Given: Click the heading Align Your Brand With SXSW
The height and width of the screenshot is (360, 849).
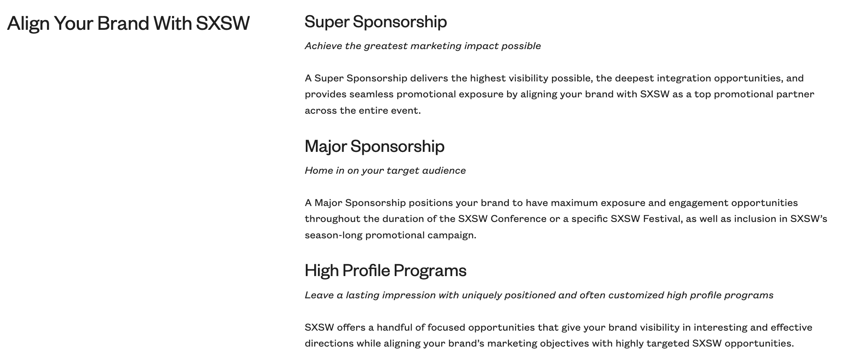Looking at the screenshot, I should (128, 23).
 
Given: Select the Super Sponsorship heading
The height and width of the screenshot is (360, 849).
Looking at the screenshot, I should (375, 21).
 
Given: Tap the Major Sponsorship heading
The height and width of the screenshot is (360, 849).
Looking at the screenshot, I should (374, 146).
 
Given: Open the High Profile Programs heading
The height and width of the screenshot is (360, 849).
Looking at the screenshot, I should (385, 270).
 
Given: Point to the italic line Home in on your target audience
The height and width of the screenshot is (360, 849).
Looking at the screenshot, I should (385, 170).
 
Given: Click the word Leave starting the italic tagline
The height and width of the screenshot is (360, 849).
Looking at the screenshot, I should (319, 295).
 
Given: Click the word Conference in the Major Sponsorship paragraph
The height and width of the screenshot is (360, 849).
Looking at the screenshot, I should (518, 219).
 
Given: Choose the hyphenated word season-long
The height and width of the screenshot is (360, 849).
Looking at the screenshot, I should (333, 235).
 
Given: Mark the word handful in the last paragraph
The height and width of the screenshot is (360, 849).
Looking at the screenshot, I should (394, 327).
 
